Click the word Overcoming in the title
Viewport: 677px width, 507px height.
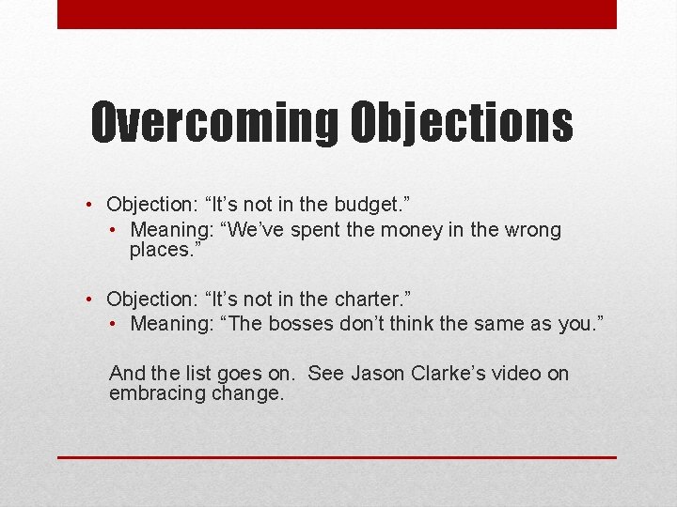(214, 123)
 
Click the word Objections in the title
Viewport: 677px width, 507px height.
(462, 123)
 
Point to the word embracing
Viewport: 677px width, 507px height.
(155, 394)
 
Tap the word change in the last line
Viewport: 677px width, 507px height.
(248, 394)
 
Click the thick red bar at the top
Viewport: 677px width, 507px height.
(337, 14)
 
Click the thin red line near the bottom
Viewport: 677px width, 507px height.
(337, 457)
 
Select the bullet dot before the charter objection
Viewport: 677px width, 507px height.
(87, 300)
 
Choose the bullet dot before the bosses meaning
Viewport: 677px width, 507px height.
(112, 325)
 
